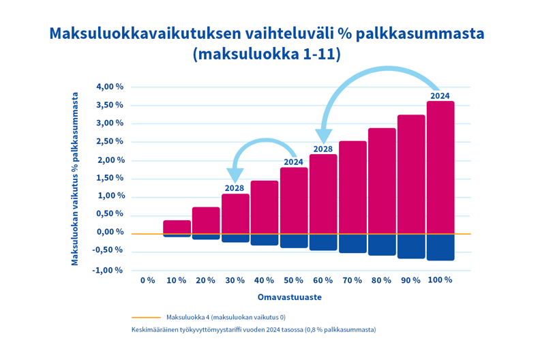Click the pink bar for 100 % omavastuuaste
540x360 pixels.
[x=440, y=168]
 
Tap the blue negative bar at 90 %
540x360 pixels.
[x=411, y=246]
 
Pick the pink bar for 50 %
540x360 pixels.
[x=294, y=200]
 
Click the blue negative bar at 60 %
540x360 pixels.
[x=323, y=242]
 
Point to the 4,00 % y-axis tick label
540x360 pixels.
[x=109, y=87]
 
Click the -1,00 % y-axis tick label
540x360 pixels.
[x=108, y=270]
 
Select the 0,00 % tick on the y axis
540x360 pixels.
[x=109, y=232]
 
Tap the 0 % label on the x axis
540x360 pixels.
[x=147, y=280]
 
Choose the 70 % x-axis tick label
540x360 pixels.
[x=352, y=280]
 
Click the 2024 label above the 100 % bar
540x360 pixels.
[x=440, y=95]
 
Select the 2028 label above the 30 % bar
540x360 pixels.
[x=235, y=188]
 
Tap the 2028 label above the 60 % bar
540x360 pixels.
[x=322, y=149]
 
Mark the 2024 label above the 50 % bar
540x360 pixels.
[x=293, y=162]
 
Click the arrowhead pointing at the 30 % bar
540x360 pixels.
[x=236, y=175]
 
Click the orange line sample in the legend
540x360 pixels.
[x=146, y=317]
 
